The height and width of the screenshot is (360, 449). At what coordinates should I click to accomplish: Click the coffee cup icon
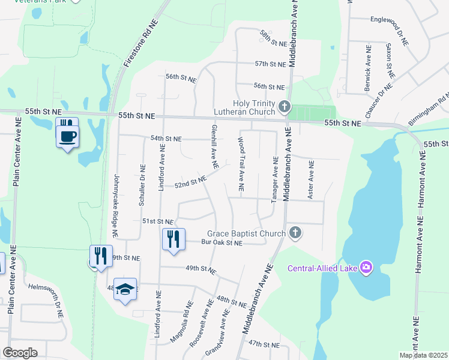coord(67,136)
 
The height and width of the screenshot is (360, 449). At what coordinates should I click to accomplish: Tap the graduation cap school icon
coord(125,289)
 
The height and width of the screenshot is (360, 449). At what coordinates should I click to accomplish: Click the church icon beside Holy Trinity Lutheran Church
coord(285,108)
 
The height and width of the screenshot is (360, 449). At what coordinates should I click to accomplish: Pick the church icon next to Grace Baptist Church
coord(294,232)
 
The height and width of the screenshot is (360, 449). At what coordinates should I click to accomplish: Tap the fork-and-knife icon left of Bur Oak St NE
coord(172,239)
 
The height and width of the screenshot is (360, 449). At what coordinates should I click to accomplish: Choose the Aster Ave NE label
coord(311,180)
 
